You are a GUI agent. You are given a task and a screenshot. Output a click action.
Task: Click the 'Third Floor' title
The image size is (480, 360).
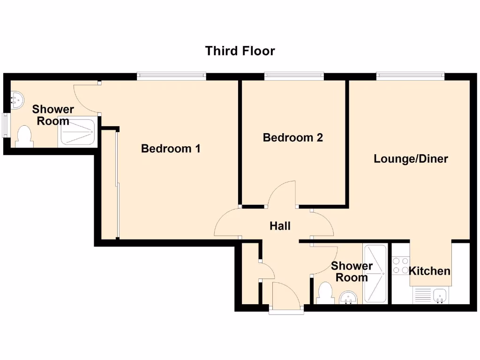[240, 51]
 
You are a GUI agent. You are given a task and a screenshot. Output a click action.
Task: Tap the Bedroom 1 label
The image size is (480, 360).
[171, 149]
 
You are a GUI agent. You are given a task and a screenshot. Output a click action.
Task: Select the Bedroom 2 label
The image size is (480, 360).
[292, 138]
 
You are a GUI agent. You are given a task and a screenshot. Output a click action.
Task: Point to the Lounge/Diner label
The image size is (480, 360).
[411, 159]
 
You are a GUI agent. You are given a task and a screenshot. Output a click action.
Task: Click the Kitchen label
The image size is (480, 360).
[429, 271]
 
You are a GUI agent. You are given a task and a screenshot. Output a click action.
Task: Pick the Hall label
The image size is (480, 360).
[280, 226]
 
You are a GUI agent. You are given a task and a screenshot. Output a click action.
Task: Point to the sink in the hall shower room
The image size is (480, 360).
[348, 297]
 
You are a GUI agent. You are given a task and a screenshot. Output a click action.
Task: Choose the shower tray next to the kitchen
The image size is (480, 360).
[375, 274]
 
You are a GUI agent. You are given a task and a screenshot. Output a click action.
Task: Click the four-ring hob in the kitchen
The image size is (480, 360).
[400, 265]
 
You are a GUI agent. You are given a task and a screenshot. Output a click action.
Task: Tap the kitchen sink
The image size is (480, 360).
[440, 295]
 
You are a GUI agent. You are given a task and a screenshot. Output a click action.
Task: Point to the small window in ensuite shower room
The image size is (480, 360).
[5, 125]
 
